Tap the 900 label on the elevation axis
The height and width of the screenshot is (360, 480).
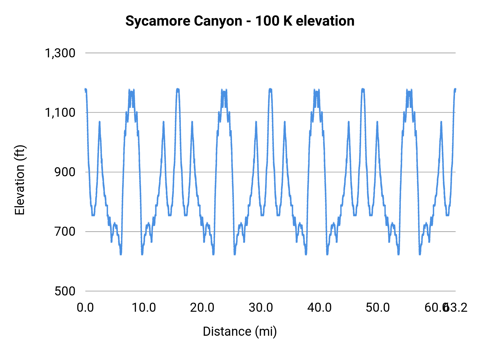pyautogui.click(x=65, y=172)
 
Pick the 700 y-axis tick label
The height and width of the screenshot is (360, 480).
pyautogui.click(x=65, y=232)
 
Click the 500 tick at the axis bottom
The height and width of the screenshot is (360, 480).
pyautogui.click(x=65, y=291)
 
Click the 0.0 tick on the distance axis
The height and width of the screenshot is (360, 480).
pyautogui.click(x=85, y=308)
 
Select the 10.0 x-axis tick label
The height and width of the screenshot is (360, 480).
pyautogui.click(x=144, y=308)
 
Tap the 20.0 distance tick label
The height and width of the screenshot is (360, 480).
pyautogui.click(x=202, y=308)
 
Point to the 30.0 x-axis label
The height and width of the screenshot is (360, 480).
pyautogui.click(x=261, y=308)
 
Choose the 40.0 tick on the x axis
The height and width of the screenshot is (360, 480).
pyautogui.click(x=319, y=308)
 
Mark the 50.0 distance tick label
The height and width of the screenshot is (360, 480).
pyautogui.click(x=378, y=308)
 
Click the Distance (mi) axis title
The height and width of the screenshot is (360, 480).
pyautogui.click(x=240, y=331)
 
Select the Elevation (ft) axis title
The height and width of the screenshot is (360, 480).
pyautogui.click(x=20, y=180)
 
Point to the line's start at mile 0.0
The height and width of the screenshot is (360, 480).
pyautogui.click(x=86, y=90)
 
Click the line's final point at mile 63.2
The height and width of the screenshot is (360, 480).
pyautogui.click(x=455, y=89)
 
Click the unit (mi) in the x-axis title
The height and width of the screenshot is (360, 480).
pyautogui.click(x=266, y=331)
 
